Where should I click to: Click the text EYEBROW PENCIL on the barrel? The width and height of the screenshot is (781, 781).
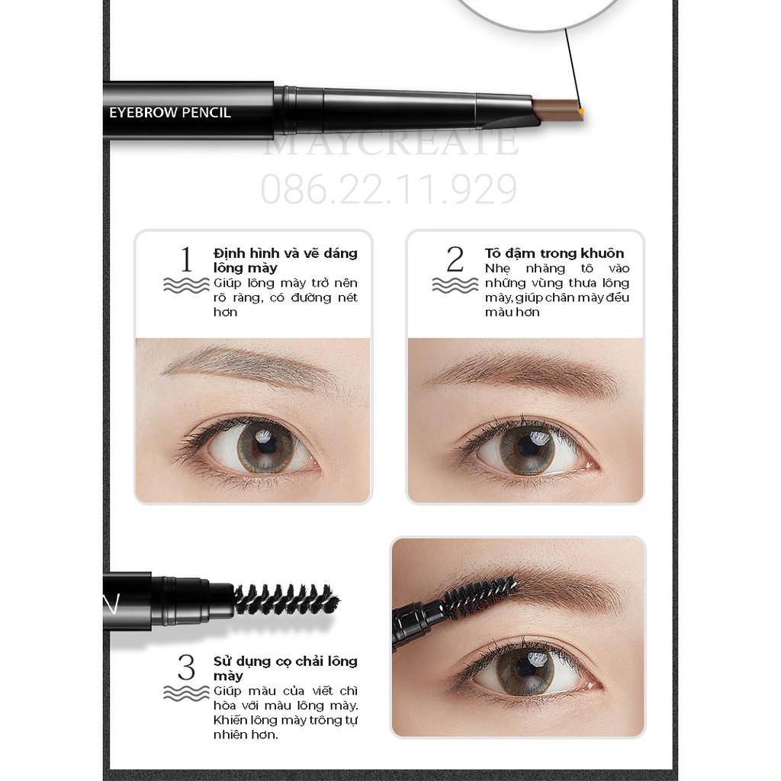pos(170,112)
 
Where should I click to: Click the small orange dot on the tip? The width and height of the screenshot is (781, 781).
pos(581,111)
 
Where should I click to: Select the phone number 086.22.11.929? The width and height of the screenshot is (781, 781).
pos(389,190)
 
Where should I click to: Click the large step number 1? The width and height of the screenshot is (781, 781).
pos(186,260)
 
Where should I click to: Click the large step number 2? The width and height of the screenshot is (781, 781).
pos(455,260)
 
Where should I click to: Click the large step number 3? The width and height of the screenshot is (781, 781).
pos(186,668)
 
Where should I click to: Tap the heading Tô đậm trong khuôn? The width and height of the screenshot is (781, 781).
pos(554,252)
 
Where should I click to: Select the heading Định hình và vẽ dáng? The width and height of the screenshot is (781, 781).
pos(285,252)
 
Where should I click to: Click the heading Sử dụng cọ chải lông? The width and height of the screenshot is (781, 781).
pos(285,660)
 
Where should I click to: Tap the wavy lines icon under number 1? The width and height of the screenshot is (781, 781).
pos(186,285)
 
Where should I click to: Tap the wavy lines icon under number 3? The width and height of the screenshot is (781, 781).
pos(186,693)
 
